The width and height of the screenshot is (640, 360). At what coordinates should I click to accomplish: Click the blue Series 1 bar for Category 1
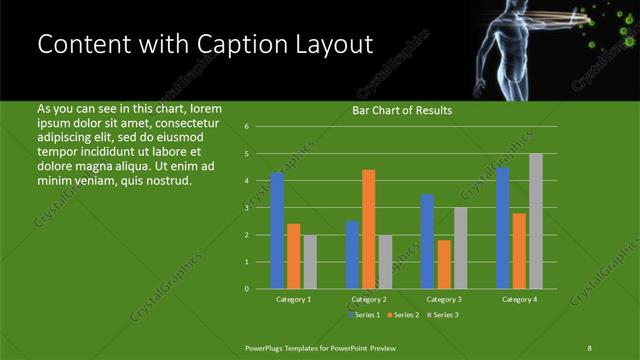[277, 230]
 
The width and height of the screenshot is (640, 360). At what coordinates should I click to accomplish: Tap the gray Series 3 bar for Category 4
[536, 221]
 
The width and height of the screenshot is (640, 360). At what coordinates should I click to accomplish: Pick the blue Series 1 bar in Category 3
[428, 241]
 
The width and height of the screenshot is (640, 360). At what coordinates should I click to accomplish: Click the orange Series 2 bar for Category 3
[444, 264]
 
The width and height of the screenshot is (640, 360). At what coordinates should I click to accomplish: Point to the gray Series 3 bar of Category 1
[310, 262]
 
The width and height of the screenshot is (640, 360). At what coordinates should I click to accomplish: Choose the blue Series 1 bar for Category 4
[503, 228]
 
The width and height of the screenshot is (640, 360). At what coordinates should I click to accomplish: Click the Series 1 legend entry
[363, 315]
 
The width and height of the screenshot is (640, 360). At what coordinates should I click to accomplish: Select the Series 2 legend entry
[402, 315]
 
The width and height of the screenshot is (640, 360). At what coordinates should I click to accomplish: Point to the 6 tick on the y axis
[246, 127]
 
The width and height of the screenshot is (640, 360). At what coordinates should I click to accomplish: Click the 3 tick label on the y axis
[246, 208]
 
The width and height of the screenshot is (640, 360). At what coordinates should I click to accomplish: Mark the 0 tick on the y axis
[246, 289]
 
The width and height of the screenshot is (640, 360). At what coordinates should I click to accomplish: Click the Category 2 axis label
[368, 300]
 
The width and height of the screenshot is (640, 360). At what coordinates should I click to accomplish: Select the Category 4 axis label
[519, 300]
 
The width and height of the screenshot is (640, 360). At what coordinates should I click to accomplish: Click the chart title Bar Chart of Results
[402, 111]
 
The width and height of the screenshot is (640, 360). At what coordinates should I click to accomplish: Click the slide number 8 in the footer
[589, 347]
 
